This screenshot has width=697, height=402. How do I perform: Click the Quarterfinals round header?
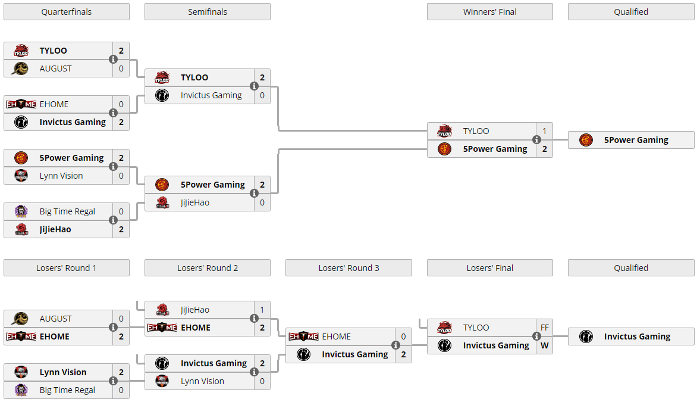click(67, 12)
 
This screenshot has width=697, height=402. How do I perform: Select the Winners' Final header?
click(490, 12)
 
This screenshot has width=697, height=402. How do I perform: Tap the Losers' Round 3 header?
click(348, 268)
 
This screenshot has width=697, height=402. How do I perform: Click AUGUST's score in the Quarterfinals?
click(121, 68)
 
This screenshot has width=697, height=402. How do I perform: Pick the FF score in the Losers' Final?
click(545, 328)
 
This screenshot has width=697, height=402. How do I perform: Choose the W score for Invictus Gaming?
click(545, 345)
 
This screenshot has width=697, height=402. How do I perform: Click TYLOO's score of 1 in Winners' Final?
click(545, 131)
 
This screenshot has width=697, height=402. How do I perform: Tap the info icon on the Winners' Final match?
click(536, 140)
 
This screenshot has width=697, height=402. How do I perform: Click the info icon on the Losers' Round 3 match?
click(395, 345)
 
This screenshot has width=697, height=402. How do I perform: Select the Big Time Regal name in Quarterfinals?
click(67, 211)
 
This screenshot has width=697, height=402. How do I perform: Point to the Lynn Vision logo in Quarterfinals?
click(21, 176)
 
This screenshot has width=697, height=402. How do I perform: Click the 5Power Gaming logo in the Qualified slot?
click(586, 140)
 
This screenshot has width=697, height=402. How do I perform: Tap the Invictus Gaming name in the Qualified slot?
click(637, 336)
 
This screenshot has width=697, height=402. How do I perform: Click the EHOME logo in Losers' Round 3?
click(303, 336)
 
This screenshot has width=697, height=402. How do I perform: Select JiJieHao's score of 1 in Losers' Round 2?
click(262, 310)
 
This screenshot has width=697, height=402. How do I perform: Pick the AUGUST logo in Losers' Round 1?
click(20, 318)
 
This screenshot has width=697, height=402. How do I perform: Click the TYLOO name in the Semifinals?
click(194, 77)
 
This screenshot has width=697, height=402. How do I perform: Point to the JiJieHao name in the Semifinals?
click(194, 202)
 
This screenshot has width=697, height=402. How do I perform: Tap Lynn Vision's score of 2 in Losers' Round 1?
click(121, 372)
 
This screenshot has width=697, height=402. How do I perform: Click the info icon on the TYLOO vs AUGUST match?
click(114, 59)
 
